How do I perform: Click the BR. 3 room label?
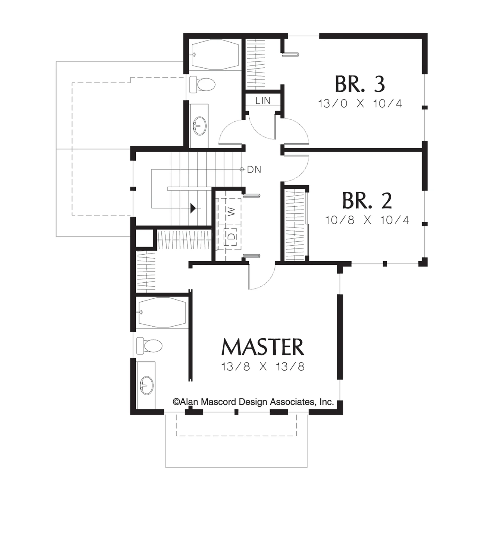pos(360,84)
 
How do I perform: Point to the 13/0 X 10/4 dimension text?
pos(360,103)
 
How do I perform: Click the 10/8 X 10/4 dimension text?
pos(367,220)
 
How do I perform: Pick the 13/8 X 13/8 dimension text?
pos(263,367)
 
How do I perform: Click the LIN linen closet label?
pos(263,101)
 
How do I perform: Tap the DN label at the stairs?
pos(254,170)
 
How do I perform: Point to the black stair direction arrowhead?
pos(193,208)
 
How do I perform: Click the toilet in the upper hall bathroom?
pos(202,85)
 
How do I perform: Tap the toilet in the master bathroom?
pos(149,346)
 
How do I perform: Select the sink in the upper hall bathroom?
pos(200,126)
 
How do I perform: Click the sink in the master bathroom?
pos(147,385)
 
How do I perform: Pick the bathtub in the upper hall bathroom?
pos(215,54)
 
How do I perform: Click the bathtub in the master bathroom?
pos(162,312)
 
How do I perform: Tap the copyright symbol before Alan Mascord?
pos(176,402)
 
